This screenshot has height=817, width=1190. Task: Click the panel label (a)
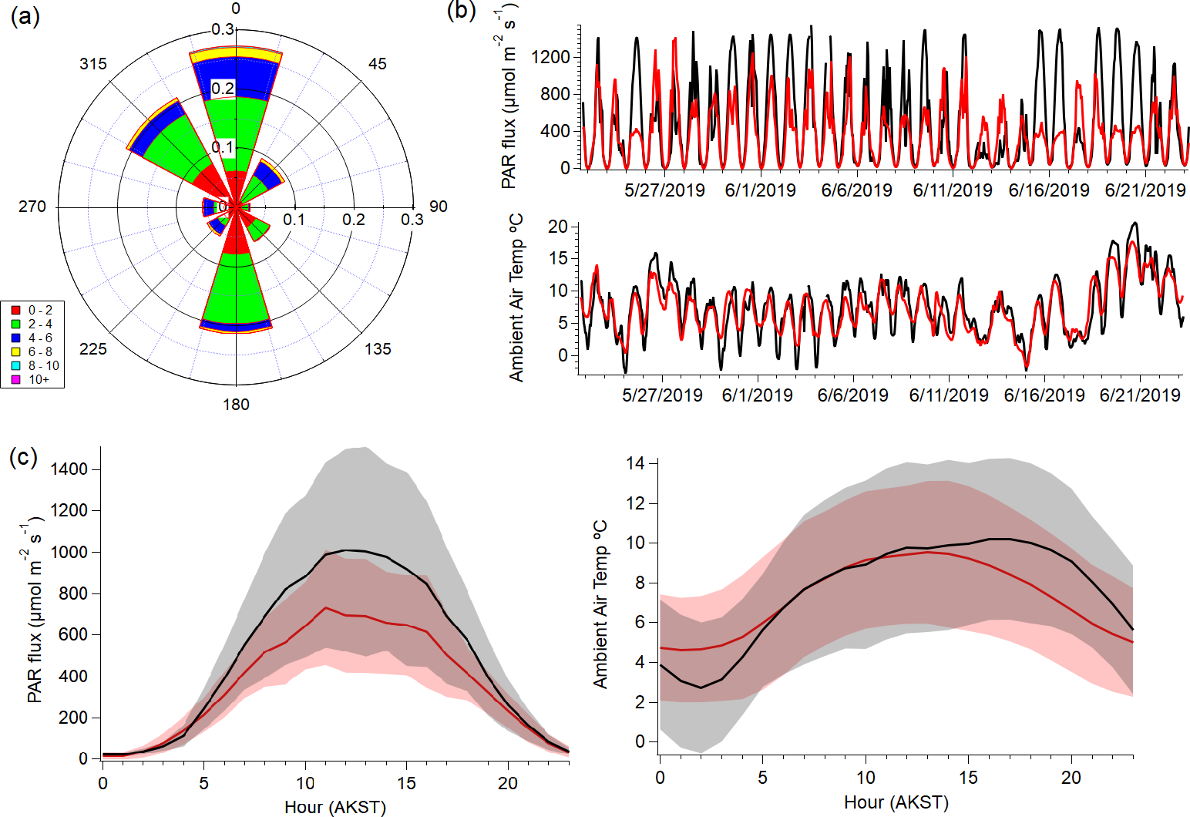pyautogui.click(x=25, y=17)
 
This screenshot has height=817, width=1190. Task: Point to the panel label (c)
pyautogui.click(x=23, y=457)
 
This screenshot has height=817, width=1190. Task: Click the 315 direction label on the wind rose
pyautogui.click(x=93, y=64)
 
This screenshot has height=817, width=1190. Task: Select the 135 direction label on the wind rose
pyautogui.click(x=378, y=349)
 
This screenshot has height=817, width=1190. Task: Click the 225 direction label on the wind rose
pyautogui.click(x=93, y=349)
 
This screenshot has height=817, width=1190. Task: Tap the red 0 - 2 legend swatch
pyautogui.click(x=15, y=310)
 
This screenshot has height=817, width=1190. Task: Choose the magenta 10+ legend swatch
pyautogui.click(x=15, y=379)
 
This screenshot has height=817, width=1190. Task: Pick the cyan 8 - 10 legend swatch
pyautogui.click(x=15, y=365)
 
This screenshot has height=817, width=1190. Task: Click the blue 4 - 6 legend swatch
pyautogui.click(x=15, y=338)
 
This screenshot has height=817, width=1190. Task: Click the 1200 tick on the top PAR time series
pyautogui.click(x=550, y=57)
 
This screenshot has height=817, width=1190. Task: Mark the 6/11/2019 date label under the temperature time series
pyautogui.click(x=949, y=395)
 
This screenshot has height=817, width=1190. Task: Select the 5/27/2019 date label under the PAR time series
pyautogui.click(x=664, y=190)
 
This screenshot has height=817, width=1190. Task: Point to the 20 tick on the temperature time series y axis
pyautogui.click(x=557, y=227)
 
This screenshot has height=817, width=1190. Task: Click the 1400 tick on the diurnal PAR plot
pyautogui.click(x=69, y=469)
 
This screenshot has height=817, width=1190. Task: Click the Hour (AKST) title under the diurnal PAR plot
pyautogui.click(x=334, y=807)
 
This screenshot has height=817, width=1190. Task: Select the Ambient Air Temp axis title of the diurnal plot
pyautogui.click(x=600, y=604)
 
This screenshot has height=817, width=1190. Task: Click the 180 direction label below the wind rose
pyautogui.click(x=236, y=405)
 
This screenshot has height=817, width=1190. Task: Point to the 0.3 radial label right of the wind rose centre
pyautogui.click(x=412, y=220)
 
